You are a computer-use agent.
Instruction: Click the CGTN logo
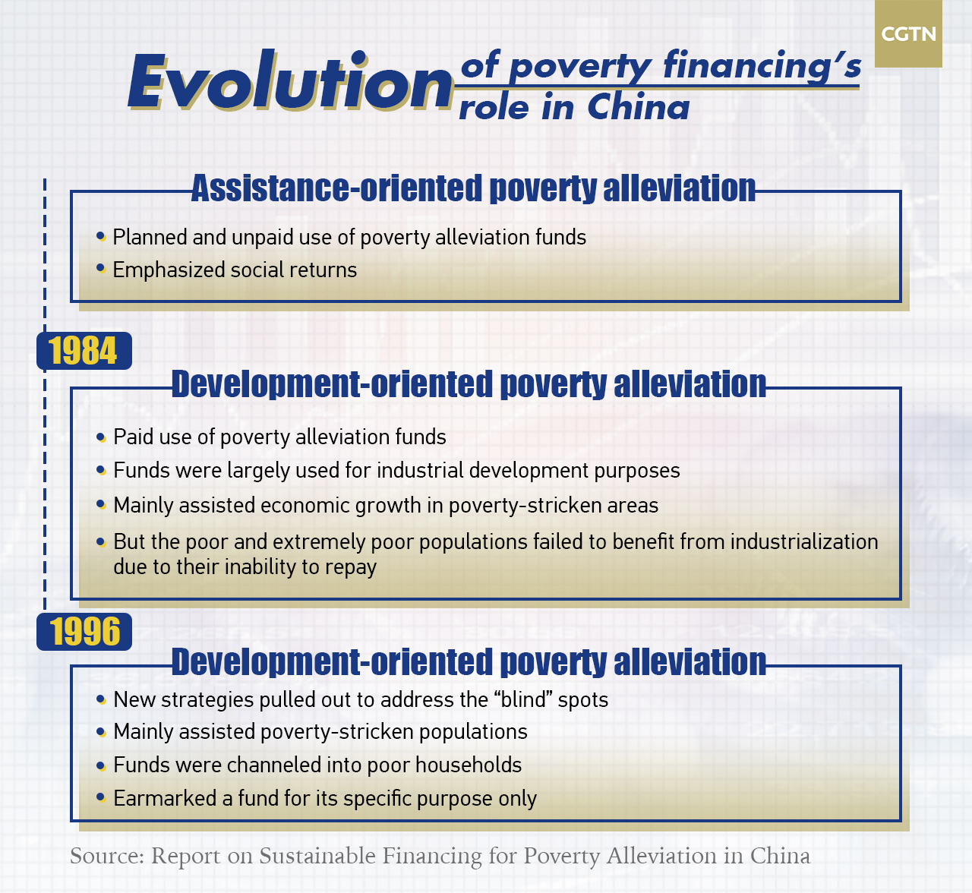(x=908, y=33)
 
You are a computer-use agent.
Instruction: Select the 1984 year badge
(x=84, y=351)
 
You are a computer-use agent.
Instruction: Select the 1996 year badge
(x=84, y=632)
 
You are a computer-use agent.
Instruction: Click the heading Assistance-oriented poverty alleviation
(x=473, y=188)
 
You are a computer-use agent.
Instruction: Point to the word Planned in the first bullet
(x=150, y=238)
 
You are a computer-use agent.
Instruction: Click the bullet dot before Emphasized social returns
(x=101, y=268)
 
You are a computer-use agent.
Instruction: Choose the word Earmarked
(x=165, y=799)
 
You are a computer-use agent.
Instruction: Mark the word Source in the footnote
(x=107, y=857)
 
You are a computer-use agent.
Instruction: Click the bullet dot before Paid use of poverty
(x=101, y=437)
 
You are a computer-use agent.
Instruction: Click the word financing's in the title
(x=762, y=65)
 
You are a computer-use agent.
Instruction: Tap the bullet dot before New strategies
(x=101, y=699)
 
